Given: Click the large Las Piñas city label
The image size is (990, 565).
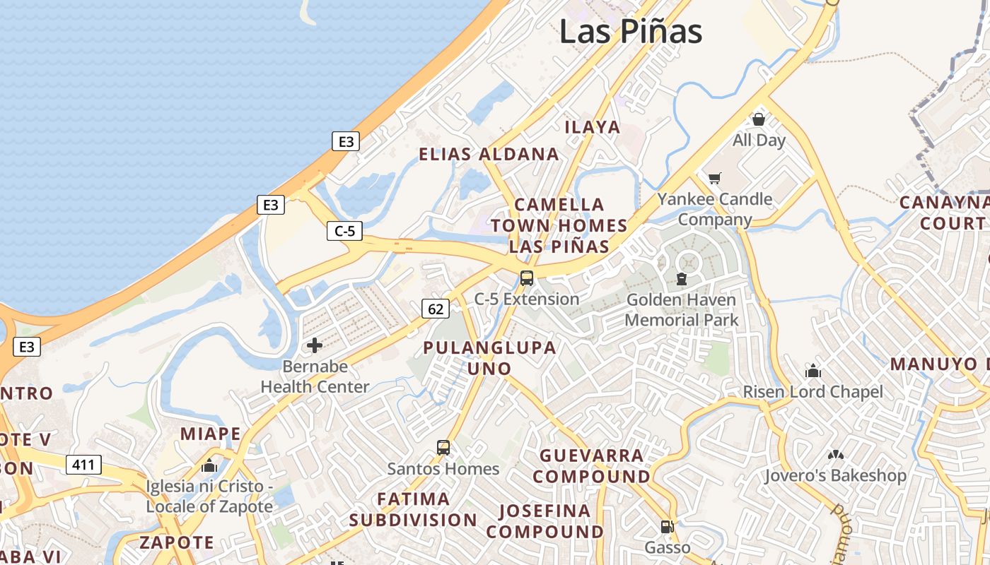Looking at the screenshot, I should pyautogui.click(x=631, y=32).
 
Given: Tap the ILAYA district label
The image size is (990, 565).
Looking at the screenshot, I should pyautogui.click(x=593, y=127).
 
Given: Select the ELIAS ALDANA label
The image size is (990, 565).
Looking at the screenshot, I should pyautogui.click(x=489, y=154).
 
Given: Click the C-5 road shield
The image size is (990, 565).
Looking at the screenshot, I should pyautogui.click(x=345, y=230).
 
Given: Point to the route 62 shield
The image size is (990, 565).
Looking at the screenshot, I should pyautogui.click(x=436, y=308).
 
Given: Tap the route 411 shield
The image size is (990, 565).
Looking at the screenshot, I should pyautogui.click(x=83, y=465).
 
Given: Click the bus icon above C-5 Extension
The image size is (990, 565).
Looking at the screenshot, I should pyautogui.click(x=527, y=278).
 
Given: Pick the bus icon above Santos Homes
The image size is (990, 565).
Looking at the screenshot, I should pyautogui.click(x=443, y=447).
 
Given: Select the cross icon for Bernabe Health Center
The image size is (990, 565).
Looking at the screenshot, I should pyautogui.click(x=315, y=345).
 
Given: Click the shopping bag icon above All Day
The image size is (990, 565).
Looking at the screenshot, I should pyautogui.click(x=759, y=119).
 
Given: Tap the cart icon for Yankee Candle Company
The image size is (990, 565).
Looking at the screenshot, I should pyautogui.click(x=715, y=178).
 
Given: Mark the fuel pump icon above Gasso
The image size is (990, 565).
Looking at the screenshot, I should pyautogui.click(x=667, y=527).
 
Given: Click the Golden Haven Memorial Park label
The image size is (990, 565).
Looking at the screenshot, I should pyautogui.click(x=681, y=310).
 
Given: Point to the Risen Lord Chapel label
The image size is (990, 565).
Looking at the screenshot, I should pyautogui.click(x=813, y=392).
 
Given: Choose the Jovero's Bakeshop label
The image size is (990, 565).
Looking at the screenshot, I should pyautogui.click(x=835, y=475).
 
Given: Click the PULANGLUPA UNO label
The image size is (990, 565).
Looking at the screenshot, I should pyautogui.click(x=489, y=358).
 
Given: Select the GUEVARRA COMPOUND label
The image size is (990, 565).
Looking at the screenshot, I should pyautogui.click(x=591, y=466).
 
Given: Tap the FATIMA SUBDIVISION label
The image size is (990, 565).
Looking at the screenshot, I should pyautogui.click(x=413, y=509).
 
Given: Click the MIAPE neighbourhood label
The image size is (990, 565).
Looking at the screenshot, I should pyautogui.click(x=210, y=434).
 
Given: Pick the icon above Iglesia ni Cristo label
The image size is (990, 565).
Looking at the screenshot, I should pyautogui.click(x=209, y=465).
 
